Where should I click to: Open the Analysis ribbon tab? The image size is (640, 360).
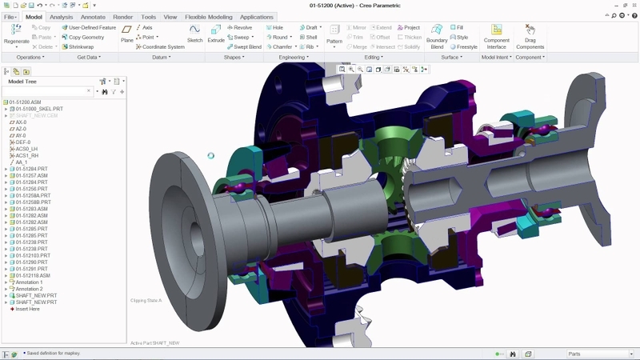click(60, 16)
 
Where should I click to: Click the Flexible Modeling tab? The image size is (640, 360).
click(210, 16)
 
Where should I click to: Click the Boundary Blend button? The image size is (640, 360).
click(437, 37)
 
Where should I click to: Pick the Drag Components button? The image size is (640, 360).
click(530, 37)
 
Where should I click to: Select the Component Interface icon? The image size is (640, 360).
click(497, 37)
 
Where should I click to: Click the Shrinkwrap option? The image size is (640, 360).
click(81, 47)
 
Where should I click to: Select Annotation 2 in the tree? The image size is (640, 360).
click(30, 289)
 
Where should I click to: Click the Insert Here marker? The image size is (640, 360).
click(27, 309)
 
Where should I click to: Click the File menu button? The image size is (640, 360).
click(10, 16)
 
